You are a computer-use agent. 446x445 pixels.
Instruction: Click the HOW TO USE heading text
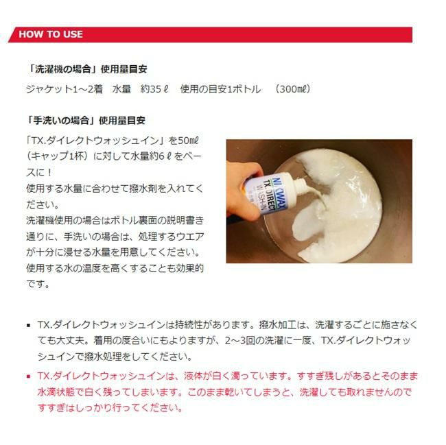(x=51, y=34)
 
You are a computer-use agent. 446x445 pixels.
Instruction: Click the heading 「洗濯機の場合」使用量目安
(x=86, y=69)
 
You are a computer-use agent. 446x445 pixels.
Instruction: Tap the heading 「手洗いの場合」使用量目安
(x=86, y=121)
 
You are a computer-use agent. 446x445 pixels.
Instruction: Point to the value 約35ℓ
(x=154, y=89)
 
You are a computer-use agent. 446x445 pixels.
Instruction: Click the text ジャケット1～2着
(x=64, y=89)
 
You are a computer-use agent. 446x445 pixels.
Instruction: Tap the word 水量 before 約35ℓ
(x=121, y=89)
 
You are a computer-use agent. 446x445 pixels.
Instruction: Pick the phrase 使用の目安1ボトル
(x=220, y=89)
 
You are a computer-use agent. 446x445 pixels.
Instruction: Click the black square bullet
(x=28, y=326)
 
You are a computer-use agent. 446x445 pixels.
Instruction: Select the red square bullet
(x=28, y=377)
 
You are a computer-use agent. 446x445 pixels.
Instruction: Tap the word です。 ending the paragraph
(x=38, y=284)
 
